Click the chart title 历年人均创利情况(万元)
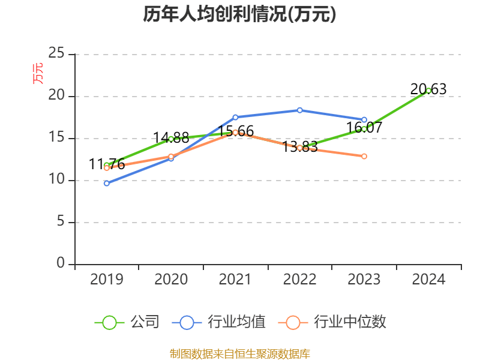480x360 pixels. pyautogui.click(x=239, y=14)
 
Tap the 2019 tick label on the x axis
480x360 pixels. pyautogui.click(x=106, y=279)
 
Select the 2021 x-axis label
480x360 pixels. pyautogui.click(x=235, y=279)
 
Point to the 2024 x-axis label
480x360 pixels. pyautogui.click(x=428, y=279)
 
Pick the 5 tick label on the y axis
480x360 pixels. pyautogui.click(x=61, y=222)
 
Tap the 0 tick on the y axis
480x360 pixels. pyautogui.click(x=61, y=264)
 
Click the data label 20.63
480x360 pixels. pyautogui.click(x=428, y=89)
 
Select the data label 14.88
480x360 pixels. pyautogui.click(x=171, y=138)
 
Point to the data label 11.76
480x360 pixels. pyautogui.click(x=107, y=164)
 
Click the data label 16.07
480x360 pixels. pyautogui.click(x=364, y=127)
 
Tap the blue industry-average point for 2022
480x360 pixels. pyautogui.click(x=299, y=110)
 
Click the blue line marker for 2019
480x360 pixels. pyautogui.click(x=106, y=183)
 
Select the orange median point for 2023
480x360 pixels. pyautogui.click(x=364, y=156)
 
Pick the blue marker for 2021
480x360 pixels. pyautogui.click(x=235, y=117)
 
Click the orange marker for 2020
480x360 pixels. pyautogui.click(x=171, y=156)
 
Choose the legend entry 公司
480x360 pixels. pyautogui.click(x=127, y=322)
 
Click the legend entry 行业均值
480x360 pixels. pyautogui.click(x=218, y=322)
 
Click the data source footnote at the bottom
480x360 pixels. pyautogui.click(x=239, y=354)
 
